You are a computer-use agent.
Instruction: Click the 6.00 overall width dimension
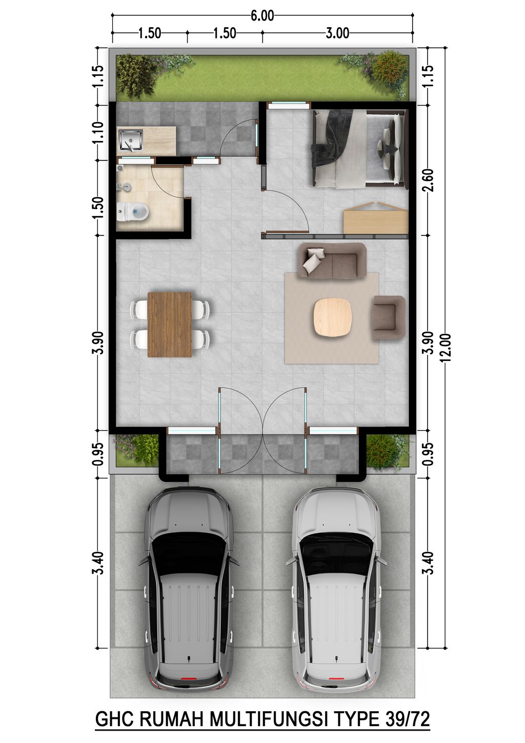pos(262,16)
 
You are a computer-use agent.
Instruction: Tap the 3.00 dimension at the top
pos(337,33)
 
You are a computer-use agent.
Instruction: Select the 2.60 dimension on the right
pos(429,180)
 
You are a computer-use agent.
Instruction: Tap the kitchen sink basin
pos(130,139)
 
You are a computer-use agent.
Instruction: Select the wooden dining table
pos(170,324)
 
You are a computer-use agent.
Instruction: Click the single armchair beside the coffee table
pos(389,317)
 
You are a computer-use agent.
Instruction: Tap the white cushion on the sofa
pos(313,260)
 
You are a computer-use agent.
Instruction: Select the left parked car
pos(188,587)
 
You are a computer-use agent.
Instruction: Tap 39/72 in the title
pos(406,719)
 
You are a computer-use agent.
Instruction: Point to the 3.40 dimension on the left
pos(99,563)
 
